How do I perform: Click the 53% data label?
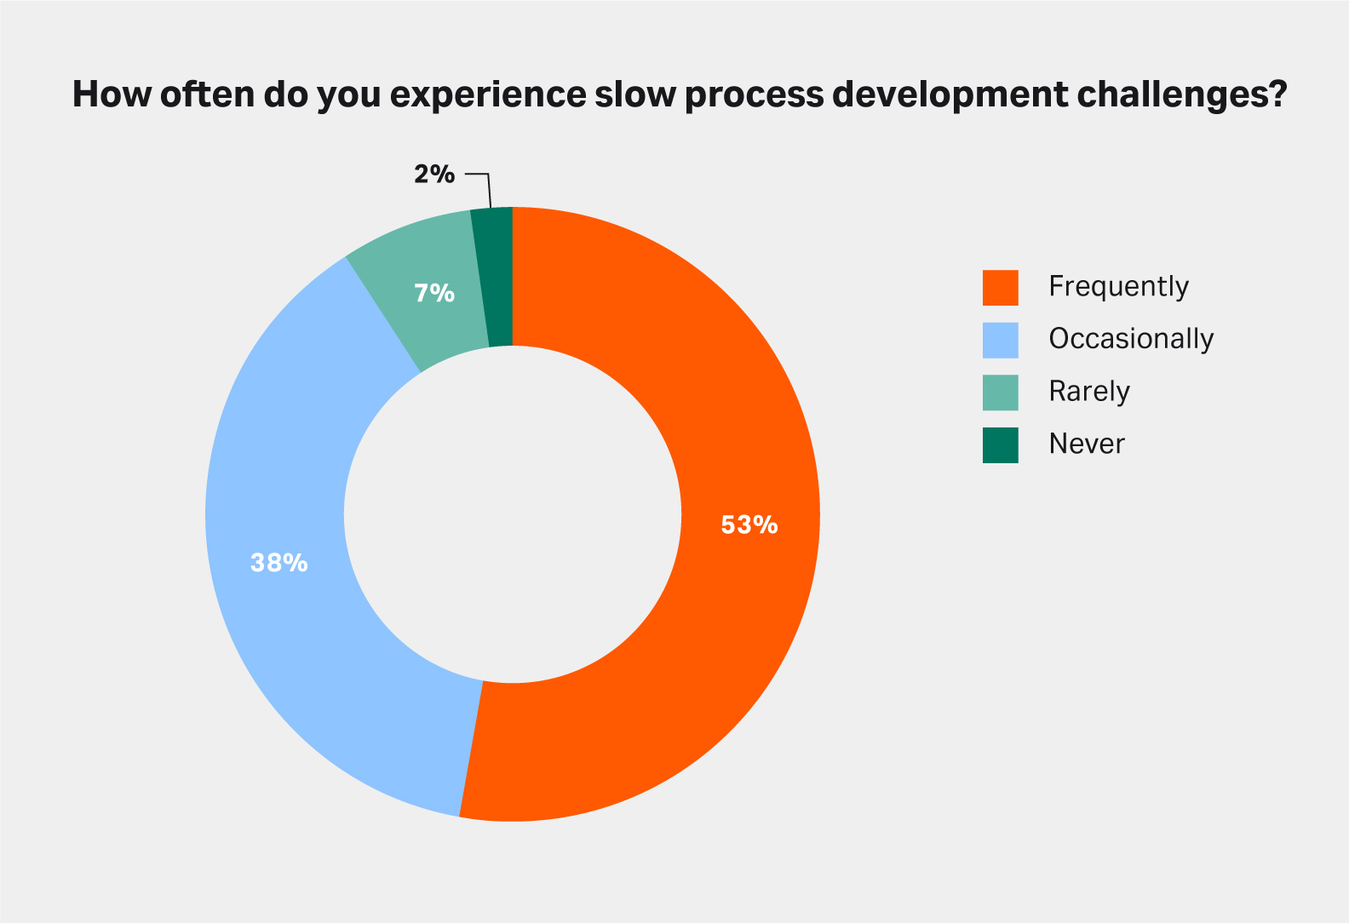[x=749, y=525]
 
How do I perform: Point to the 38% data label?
[x=278, y=563]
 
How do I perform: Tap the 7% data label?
[x=434, y=293]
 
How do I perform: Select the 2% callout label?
[x=434, y=174]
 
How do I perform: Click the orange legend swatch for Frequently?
[x=1001, y=288]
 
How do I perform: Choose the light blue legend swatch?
[x=1001, y=341]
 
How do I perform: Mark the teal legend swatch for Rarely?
[x=1001, y=393]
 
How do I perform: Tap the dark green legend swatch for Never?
[x=1001, y=445]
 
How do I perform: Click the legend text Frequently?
[x=1118, y=287]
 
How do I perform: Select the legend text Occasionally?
[x=1131, y=338]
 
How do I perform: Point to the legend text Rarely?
[x=1089, y=392]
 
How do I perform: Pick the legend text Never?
[x=1087, y=444]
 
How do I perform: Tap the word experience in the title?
[x=488, y=96]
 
